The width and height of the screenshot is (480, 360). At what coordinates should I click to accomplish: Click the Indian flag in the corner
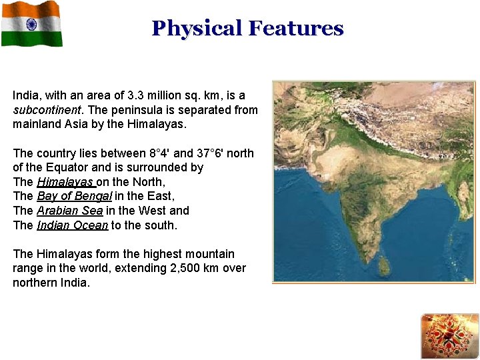31,24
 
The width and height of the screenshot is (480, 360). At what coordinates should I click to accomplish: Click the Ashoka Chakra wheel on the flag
31,24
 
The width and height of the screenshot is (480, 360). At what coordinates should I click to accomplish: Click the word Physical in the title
196,29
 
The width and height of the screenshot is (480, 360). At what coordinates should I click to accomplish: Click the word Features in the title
295,29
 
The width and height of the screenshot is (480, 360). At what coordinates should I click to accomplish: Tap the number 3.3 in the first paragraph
135,95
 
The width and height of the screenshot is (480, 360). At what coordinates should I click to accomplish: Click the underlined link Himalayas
65,182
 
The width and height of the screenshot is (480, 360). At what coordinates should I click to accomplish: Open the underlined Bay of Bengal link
75,196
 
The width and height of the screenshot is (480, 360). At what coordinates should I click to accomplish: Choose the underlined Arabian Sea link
69,211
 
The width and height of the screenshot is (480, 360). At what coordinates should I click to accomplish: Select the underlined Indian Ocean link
72,225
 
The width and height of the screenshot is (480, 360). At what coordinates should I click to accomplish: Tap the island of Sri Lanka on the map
384,266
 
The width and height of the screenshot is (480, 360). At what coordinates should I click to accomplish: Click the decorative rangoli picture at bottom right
449,336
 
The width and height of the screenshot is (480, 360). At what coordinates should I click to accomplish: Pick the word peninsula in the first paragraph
133,110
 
